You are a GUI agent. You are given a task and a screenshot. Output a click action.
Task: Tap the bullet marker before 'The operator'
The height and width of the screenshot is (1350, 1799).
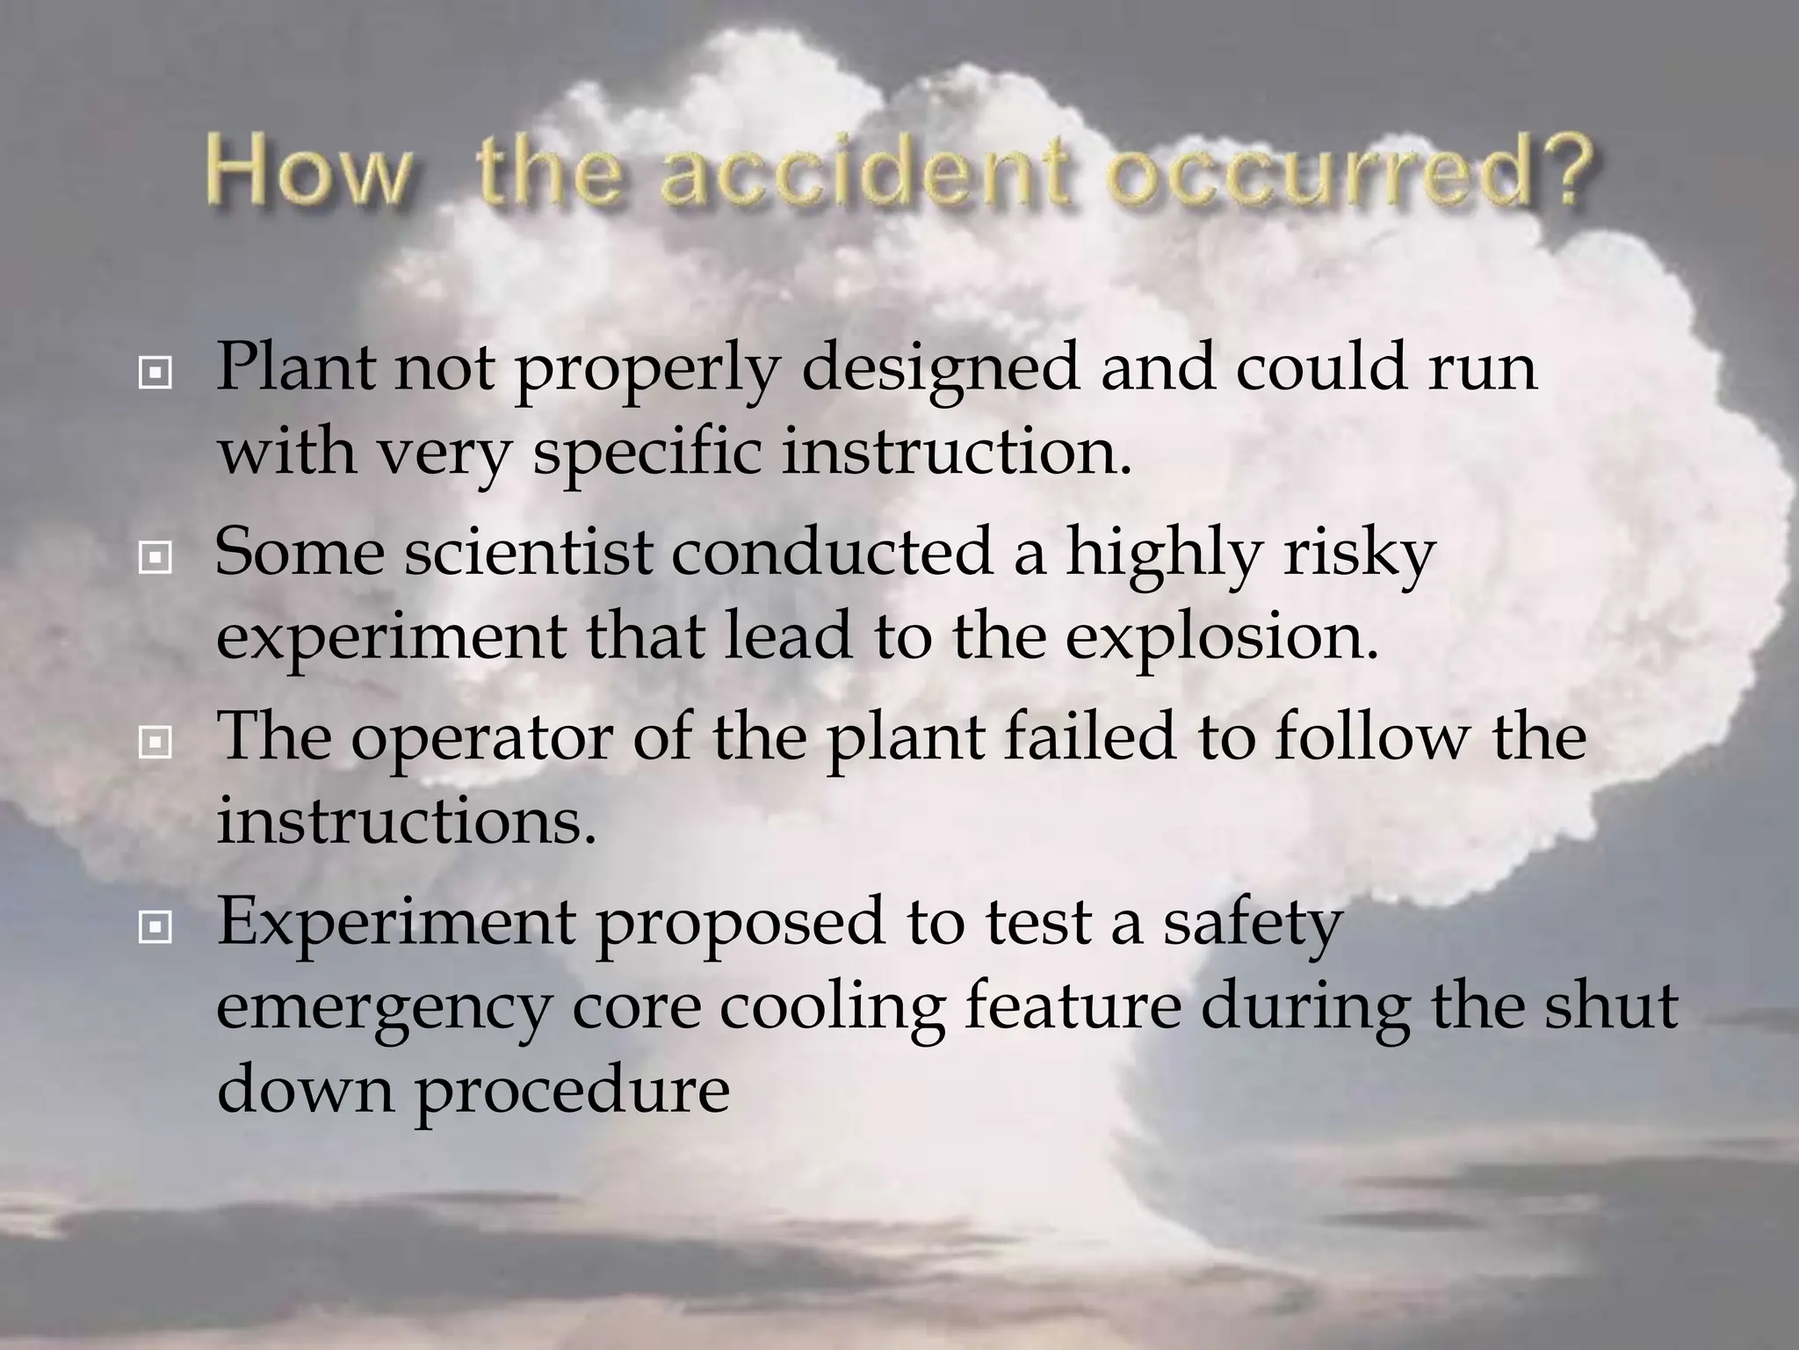[155, 744]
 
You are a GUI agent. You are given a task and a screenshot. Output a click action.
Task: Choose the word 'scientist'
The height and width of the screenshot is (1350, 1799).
[529, 553]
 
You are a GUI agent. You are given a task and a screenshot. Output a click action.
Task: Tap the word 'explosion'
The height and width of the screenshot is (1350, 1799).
[1221, 637]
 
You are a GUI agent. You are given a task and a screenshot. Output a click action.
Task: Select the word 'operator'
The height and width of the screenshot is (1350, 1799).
[481, 738]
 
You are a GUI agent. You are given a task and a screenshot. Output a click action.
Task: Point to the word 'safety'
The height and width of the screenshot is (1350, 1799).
[1254, 923]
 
